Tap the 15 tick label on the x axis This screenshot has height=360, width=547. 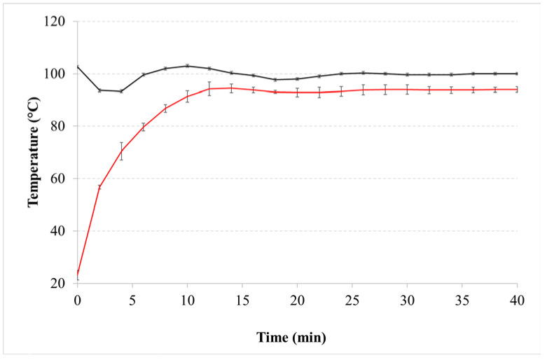coord(242,300)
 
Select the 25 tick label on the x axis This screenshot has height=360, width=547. coord(352,300)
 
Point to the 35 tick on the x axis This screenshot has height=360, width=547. coord(462,300)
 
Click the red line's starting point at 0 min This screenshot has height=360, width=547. coord(77,275)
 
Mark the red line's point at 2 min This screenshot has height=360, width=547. coord(99,187)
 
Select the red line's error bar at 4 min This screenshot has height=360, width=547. coord(121,151)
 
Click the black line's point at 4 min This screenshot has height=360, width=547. coord(121,91)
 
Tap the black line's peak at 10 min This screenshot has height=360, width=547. coord(187,66)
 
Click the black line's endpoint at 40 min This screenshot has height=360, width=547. coord(517,74)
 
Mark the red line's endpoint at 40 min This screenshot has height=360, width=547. coord(517,89)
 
